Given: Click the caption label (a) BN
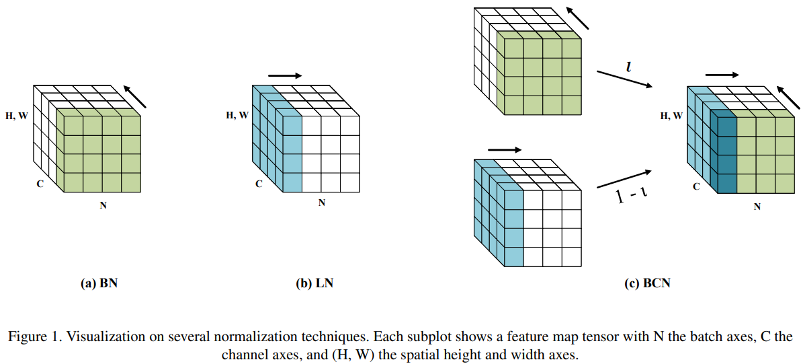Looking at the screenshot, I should click(99, 283).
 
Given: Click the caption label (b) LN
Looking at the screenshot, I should click(314, 283).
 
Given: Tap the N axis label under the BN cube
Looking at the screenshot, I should click(103, 205).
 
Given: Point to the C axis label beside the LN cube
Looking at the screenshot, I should click(259, 183).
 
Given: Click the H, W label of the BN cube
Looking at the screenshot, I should click(17, 116).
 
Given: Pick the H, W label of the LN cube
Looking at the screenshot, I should click(237, 116).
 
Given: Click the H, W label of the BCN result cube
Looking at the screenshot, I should click(671, 116).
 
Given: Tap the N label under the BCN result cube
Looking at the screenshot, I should click(757, 207).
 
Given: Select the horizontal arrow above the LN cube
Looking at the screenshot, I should click(285, 76).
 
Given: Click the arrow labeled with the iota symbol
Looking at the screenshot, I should click(624, 79).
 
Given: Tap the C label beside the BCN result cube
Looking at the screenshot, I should click(696, 186).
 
